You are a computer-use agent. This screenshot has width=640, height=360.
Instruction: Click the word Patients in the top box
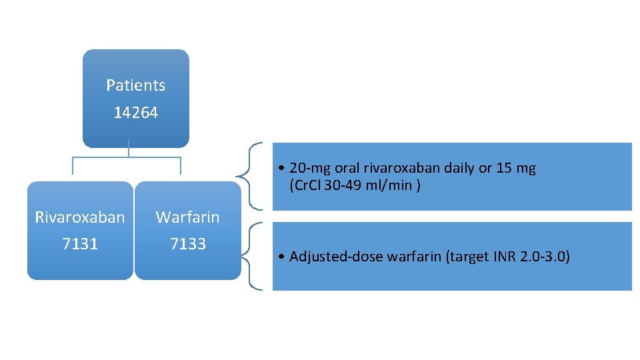click(135, 85)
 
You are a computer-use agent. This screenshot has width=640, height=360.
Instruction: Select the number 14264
click(135, 113)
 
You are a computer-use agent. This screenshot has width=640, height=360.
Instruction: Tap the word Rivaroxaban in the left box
click(80, 217)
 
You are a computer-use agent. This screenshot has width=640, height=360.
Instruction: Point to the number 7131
click(80, 244)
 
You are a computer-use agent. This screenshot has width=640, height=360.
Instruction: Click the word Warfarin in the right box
click(187, 217)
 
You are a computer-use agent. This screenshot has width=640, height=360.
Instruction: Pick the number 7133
click(187, 244)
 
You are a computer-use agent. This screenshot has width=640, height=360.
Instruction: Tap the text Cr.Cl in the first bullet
click(305, 185)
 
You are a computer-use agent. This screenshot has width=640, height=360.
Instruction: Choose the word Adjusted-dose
click(331, 256)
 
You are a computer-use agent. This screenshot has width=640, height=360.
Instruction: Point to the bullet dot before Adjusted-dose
click(283, 257)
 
